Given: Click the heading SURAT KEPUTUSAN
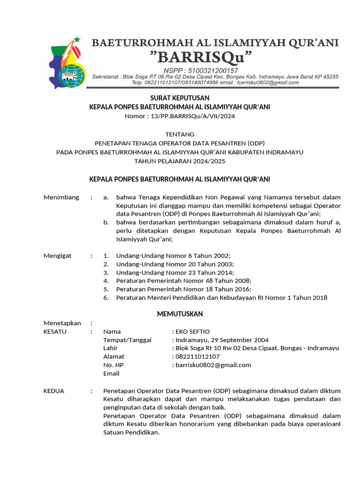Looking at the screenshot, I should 180,98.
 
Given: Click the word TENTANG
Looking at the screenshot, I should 180,134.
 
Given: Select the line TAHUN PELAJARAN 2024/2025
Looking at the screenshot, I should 180,161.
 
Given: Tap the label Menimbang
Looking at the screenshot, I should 61,197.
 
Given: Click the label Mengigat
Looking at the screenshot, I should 58,256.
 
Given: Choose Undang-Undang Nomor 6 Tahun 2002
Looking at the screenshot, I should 173,256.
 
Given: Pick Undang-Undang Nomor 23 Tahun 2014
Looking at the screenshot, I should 175,272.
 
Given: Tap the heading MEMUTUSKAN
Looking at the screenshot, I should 180,314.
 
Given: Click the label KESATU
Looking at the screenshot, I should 55,331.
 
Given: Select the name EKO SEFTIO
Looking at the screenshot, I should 192,331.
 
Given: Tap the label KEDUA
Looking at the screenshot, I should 53,390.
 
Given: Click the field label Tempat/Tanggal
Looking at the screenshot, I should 127,340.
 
